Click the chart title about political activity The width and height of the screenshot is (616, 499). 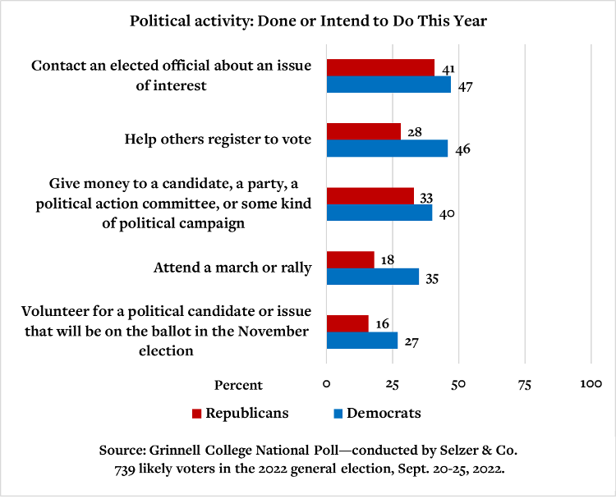pyautogui.click(x=308, y=21)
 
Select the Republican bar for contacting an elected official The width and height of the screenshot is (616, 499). pyautogui.click(x=380, y=67)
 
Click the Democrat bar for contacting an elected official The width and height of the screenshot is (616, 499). pyautogui.click(x=388, y=85)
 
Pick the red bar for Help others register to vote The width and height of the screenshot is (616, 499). pyautogui.click(x=364, y=131)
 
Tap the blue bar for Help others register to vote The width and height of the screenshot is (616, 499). pyautogui.click(x=387, y=149)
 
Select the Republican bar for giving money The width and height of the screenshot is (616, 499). pyautogui.click(x=370, y=195)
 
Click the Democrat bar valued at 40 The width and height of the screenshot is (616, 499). pyautogui.click(x=379, y=213)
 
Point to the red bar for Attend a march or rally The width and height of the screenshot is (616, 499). pyautogui.click(x=351, y=259)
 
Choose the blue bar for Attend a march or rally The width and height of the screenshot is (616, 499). pyautogui.click(x=373, y=277)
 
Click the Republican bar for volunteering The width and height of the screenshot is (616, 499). pyautogui.click(x=347, y=323)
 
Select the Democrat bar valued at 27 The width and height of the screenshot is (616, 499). pyautogui.click(x=362, y=341)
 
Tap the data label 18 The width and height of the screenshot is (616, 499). pyautogui.click(x=388, y=260)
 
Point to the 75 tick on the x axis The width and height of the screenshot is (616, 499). pyautogui.click(x=525, y=384)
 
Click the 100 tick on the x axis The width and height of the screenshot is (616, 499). pyautogui.click(x=591, y=384)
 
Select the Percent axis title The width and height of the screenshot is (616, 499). pyautogui.click(x=238, y=385)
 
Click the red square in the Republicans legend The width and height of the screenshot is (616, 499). pyautogui.click(x=196, y=414)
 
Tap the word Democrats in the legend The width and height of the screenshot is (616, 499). pyautogui.click(x=384, y=413)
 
